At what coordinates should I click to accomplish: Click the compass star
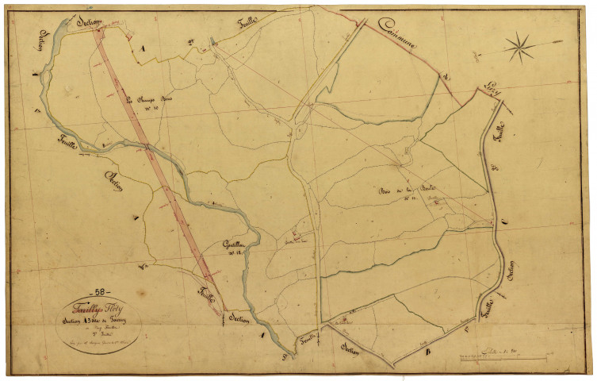(x=520, y=47)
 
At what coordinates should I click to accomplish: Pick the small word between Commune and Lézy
(x=447, y=77)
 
